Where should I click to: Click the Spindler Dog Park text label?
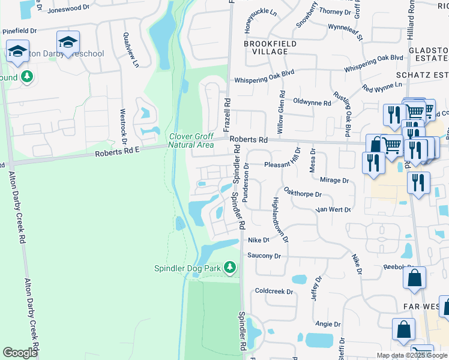(x=188, y=268)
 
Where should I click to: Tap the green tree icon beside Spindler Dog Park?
(x=229, y=266)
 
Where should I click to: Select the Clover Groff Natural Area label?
(x=191, y=140)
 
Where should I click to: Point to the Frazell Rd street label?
(x=227, y=115)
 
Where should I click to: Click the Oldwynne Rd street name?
(x=312, y=103)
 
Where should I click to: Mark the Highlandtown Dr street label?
(x=281, y=220)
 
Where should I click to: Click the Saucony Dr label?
(x=264, y=256)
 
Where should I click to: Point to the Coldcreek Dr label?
(x=273, y=292)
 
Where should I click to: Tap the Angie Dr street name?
(x=324, y=324)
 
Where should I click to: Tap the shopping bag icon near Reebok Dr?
(x=415, y=278)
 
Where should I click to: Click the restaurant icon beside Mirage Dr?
(x=373, y=163)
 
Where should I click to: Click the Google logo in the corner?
(x=20, y=353)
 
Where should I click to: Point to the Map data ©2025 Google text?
(x=412, y=355)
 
